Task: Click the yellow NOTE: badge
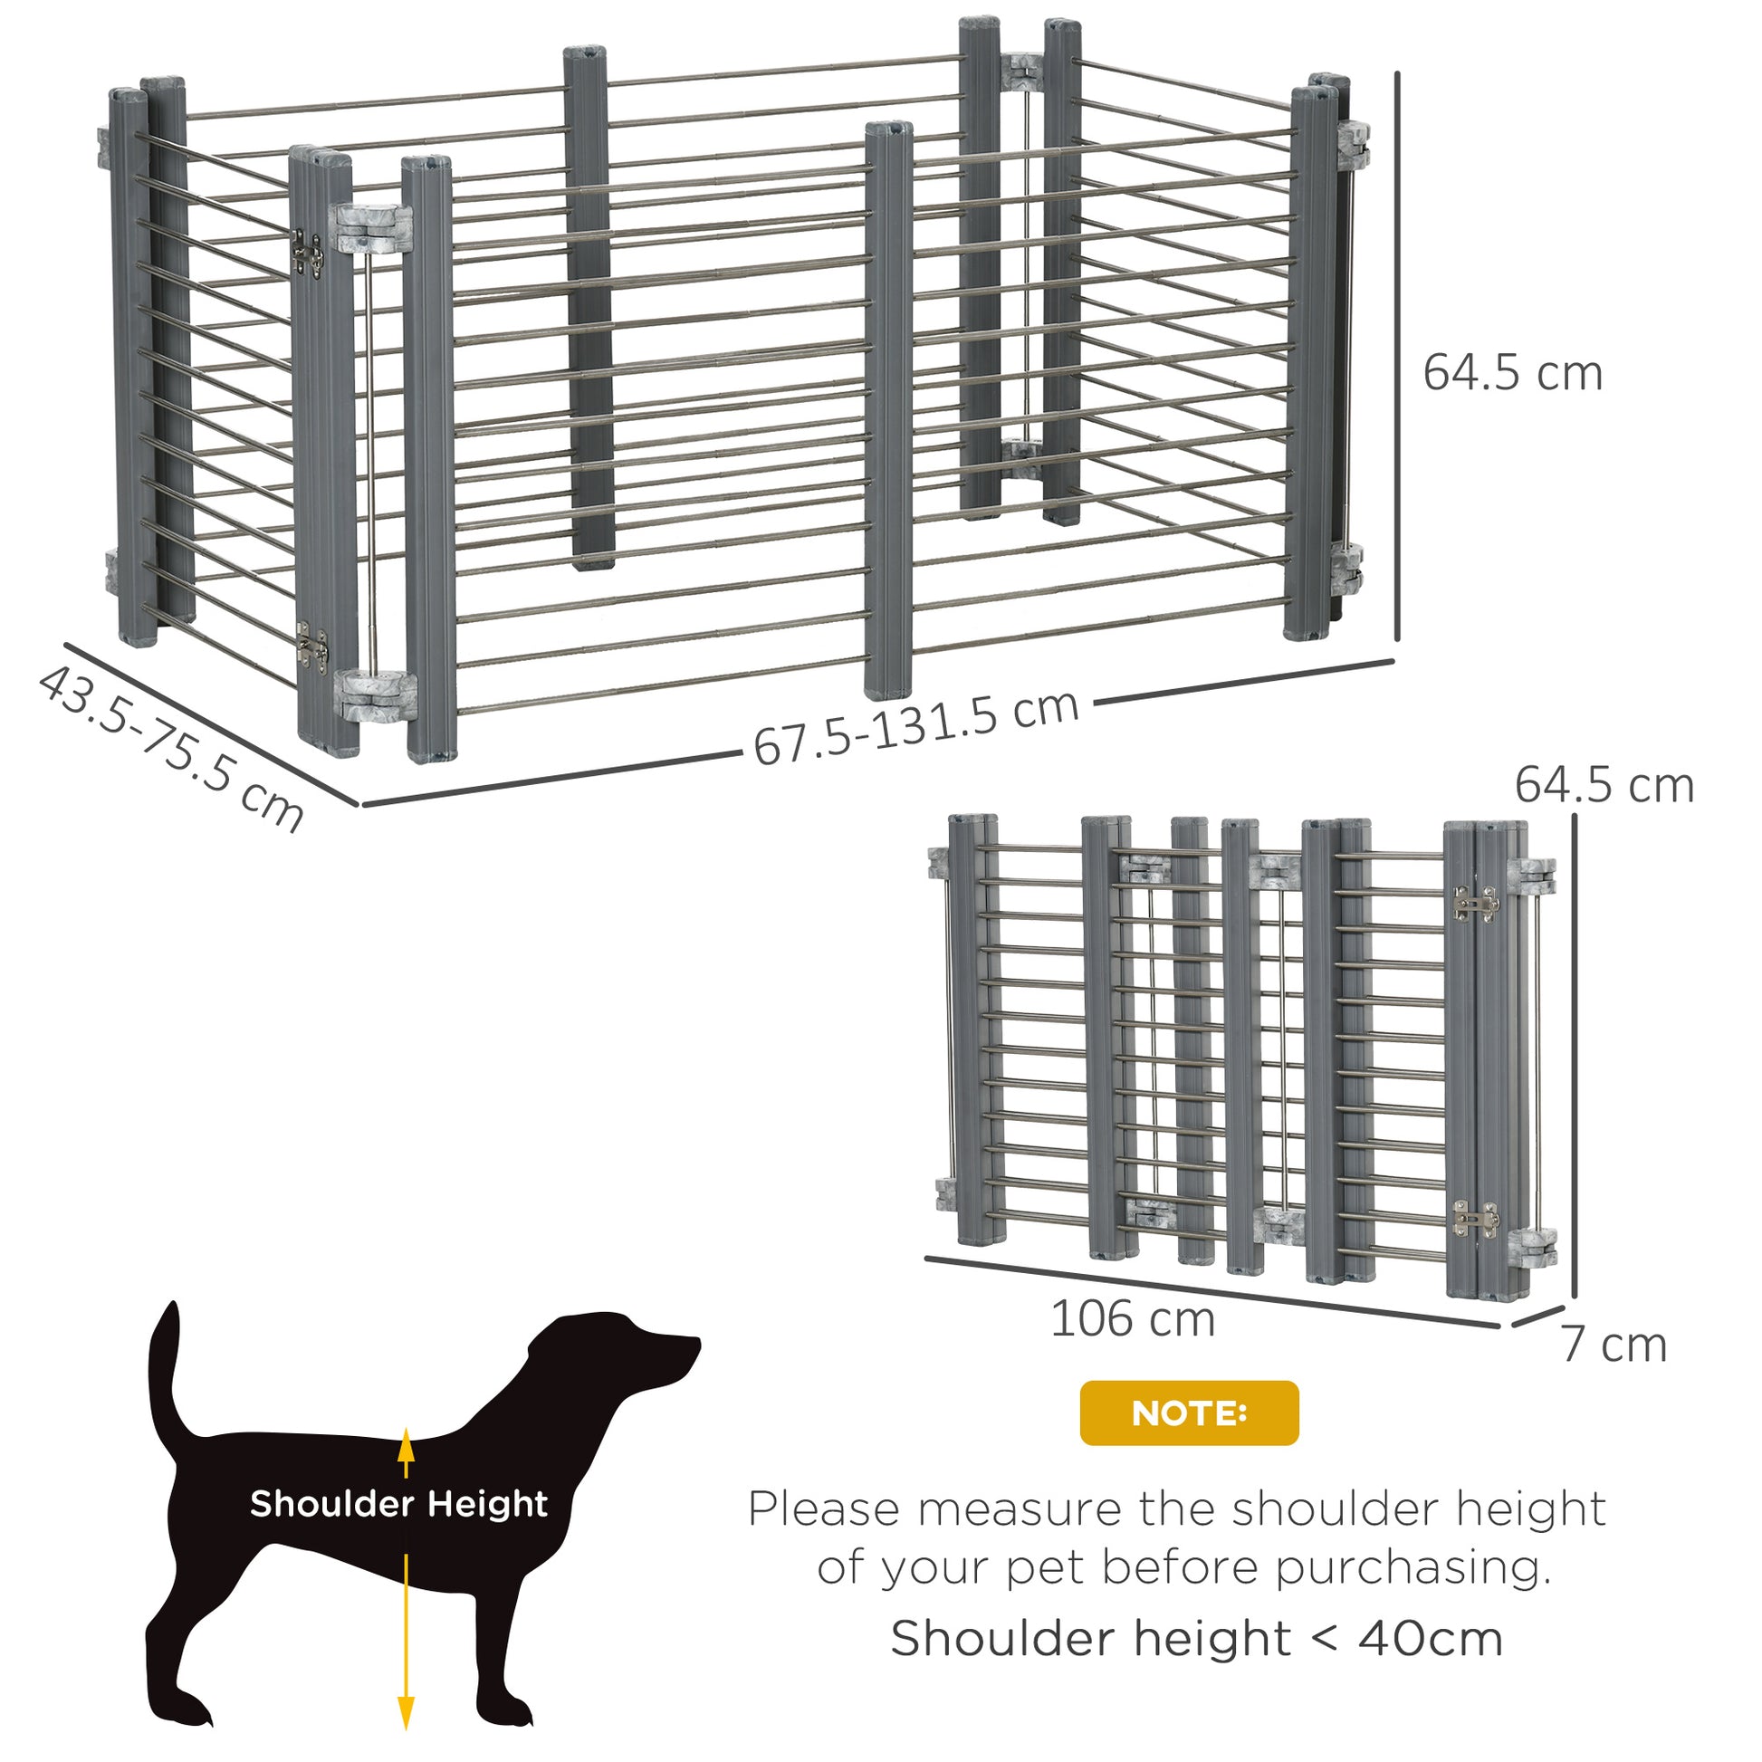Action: point(1188,1412)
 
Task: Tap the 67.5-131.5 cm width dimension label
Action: point(915,729)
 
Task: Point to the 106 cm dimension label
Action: point(1133,1319)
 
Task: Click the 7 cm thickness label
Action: point(1614,1345)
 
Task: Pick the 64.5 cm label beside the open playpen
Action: point(1512,373)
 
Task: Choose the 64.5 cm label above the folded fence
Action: point(1604,785)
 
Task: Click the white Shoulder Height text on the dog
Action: point(398,1504)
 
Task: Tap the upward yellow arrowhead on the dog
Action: point(406,1443)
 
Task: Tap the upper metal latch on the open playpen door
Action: point(307,253)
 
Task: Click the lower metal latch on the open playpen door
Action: point(311,646)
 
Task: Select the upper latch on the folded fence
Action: point(1475,903)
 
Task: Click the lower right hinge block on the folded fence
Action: point(1532,1247)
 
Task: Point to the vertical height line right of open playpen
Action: point(1396,356)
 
